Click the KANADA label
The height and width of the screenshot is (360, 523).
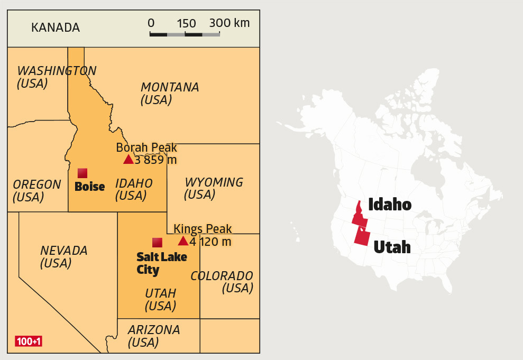click(56, 27)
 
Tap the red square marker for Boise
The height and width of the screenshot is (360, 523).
click(82, 173)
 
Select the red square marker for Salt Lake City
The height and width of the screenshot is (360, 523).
click(157, 243)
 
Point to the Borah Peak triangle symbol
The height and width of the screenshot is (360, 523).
click(129, 159)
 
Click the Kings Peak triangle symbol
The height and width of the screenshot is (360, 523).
click(183, 241)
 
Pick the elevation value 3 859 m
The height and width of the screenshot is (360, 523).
click(156, 160)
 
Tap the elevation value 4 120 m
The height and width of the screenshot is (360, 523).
click(210, 242)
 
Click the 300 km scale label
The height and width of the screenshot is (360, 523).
click(230, 23)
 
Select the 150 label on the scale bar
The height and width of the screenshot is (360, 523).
click(186, 24)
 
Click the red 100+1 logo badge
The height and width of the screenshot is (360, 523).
click(29, 341)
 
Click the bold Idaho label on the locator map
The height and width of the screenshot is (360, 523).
click(390, 204)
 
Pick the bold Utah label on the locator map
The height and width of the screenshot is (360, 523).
click(392, 247)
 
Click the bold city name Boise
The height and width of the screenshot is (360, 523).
click(90, 187)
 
